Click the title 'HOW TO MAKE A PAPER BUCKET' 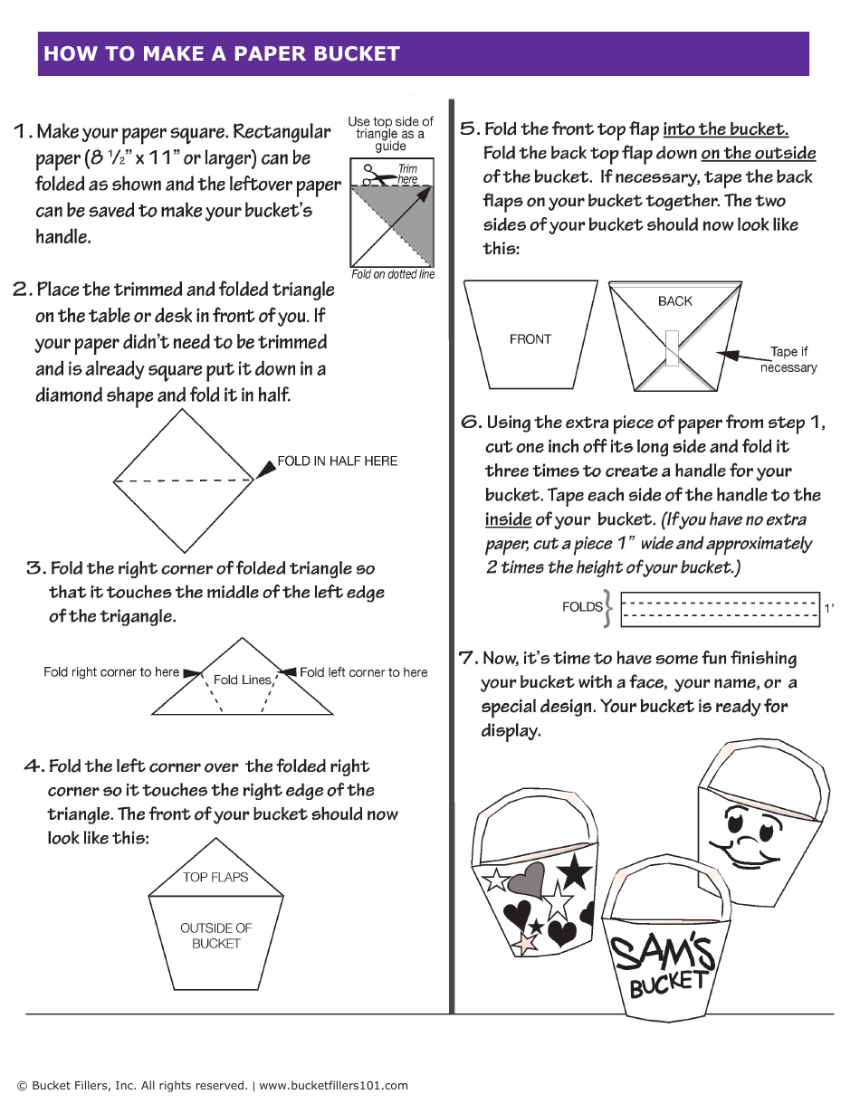(222, 53)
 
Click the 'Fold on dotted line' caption (393, 274)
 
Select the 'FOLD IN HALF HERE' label (337, 461)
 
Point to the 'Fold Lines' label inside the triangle (242, 680)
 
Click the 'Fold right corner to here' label (111, 672)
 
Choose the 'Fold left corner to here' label (363, 672)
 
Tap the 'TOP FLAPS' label (215, 877)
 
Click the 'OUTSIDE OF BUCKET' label (215, 936)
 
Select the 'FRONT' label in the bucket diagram (530, 339)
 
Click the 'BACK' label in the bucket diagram (674, 301)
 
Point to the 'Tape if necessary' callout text (788, 359)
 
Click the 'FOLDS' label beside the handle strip (582, 607)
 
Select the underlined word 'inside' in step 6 (508, 519)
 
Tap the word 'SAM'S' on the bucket (662, 953)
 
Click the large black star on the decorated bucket (574, 873)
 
